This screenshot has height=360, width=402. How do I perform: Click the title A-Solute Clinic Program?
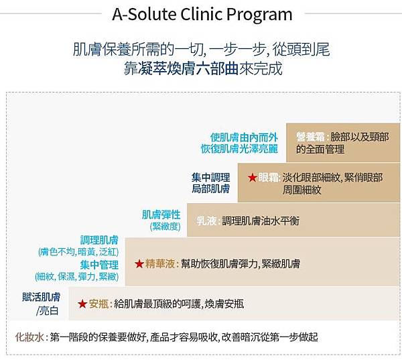click(x=202, y=14)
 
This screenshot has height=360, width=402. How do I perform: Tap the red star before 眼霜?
click(x=253, y=177)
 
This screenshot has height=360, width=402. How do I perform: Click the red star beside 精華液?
click(x=139, y=263)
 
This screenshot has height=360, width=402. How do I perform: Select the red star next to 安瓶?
click(x=82, y=304)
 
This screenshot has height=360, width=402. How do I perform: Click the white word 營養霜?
click(x=310, y=137)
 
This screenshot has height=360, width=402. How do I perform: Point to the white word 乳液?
click(x=206, y=221)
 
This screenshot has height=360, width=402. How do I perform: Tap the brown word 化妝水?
click(x=29, y=337)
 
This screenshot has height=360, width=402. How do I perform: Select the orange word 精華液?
click(x=160, y=263)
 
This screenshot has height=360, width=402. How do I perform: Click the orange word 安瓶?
click(x=98, y=304)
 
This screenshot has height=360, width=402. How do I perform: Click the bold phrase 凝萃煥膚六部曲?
click(x=181, y=68)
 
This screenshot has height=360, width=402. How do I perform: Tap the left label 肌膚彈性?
click(x=161, y=215)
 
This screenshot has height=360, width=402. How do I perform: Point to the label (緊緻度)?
click(x=165, y=227)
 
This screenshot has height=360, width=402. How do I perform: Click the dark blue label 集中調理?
click(x=211, y=177)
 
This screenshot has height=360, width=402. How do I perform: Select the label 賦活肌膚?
click(x=42, y=297)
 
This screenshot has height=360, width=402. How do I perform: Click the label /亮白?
click(x=48, y=311)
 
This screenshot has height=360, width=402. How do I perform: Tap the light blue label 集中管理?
click(x=99, y=265)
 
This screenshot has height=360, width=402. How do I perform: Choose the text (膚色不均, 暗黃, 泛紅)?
click(x=78, y=252)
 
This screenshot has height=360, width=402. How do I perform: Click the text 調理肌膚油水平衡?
click(x=261, y=221)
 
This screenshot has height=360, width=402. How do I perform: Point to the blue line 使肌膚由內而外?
click(x=244, y=137)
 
